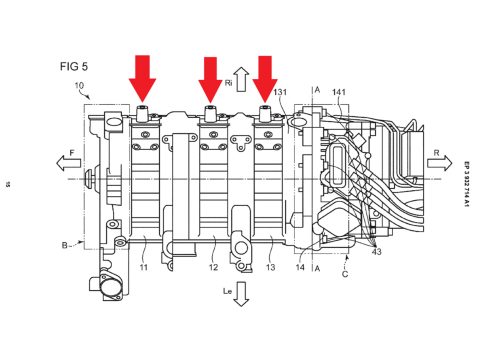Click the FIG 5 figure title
74,66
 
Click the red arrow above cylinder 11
142,79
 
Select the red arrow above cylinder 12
210,80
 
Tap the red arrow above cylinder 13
265,79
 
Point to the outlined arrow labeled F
68,163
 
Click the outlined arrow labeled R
440,163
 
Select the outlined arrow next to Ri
242,79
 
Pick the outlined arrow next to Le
241,294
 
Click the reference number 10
79,86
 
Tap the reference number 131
280,92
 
